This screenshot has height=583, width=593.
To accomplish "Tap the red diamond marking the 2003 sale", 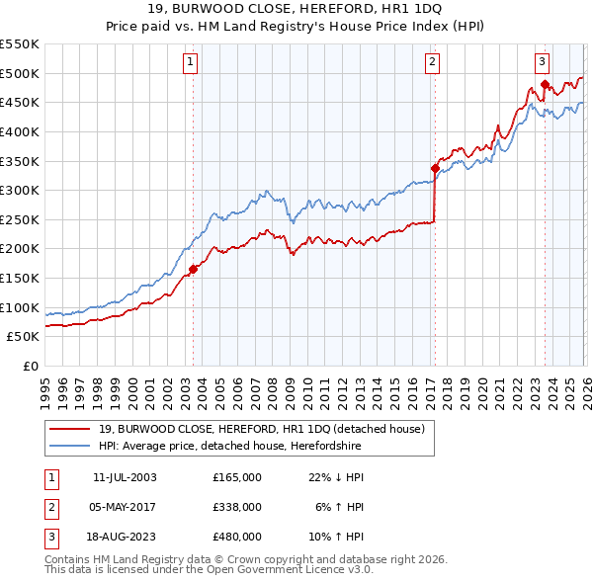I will click(194, 269).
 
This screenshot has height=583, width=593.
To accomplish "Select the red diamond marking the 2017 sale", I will click(435, 168).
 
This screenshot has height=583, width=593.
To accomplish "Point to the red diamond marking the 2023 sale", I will click(545, 84).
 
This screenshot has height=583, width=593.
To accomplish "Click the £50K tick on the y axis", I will click(24, 337).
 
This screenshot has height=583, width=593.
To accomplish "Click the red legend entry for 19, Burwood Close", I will click(261, 429).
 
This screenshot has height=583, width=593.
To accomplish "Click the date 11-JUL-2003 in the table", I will click(125, 477).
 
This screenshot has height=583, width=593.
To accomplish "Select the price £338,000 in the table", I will click(237, 507).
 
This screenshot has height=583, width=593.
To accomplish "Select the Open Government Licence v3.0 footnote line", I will click(199, 571).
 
